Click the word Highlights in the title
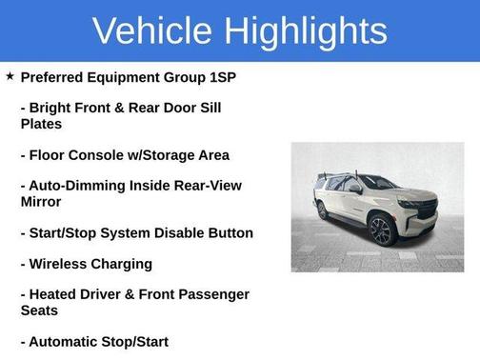click(306, 30)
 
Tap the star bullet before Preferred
click(10, 76)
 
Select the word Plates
click(41, 124)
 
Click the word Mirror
click(41, 202)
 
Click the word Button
click(229, 233)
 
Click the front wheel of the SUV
click(381, 230)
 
